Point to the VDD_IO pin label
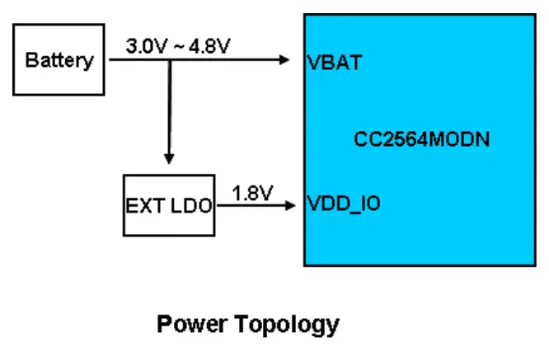click(343, 203)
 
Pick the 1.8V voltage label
click(251, 194)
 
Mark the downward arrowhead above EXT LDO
click(169, 159)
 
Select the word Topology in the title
click(287, 324)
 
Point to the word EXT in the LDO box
click(143, 205)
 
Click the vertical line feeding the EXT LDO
click(169, 107)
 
